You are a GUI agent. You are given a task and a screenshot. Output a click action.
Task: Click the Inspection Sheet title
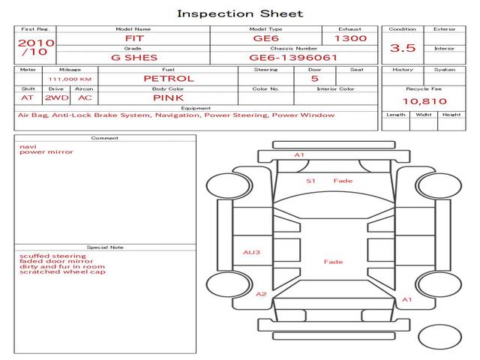pos(240,13)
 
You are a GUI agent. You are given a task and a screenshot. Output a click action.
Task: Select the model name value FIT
pos(134,38)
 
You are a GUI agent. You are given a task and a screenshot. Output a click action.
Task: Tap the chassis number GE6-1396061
pos(293,58)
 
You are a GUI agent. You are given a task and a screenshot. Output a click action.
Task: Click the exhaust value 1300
pos(350,38)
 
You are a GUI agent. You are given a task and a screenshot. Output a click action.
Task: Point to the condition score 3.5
pos(403,48)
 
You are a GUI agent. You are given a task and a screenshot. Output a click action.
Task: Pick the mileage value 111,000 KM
pos(70,79)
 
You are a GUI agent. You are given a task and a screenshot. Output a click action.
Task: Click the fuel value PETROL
pos(169,79)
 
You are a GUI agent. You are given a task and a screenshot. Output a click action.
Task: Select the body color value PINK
pos(168,98)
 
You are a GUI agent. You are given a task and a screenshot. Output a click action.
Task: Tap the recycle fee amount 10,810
pos(424,101)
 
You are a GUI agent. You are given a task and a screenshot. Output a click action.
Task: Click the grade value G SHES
pos(134,58)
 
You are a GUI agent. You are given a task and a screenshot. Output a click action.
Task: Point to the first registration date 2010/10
pos(36,47)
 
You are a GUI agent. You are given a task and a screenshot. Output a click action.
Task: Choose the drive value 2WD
pos(57,98)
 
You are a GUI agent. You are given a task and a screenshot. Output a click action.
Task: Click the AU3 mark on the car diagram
pos(251,252)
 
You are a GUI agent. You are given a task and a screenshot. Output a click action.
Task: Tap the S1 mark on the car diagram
pos(310,181)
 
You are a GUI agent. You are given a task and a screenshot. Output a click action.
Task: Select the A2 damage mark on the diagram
pos(261,294)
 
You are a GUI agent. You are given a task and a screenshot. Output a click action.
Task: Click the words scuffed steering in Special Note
pos(52,256)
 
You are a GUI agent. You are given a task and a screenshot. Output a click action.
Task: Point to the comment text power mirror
pos(46,151)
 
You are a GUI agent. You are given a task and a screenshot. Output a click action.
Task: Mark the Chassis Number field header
pos(293,48)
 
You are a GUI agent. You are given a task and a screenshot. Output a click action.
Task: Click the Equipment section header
pos(196,108)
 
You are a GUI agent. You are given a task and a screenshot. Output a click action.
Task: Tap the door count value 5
pos(315,79)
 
